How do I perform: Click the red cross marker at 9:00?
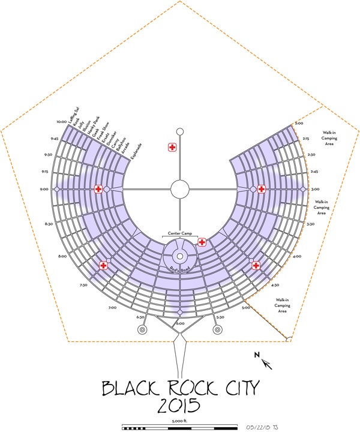[x=98, y=189]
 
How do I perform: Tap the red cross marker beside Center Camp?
[x=202, y=242]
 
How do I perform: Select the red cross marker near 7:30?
[x=103, y=265]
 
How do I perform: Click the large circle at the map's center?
[x=180, y=189]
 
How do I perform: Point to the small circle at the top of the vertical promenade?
[x=180, y=131]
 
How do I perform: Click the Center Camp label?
[x=180, y=232]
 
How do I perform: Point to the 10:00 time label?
[x=61, y=122]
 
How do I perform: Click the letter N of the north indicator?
[x=257, y=356]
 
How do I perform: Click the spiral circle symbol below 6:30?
[x=143, y=329]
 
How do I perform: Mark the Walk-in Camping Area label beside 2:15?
[x=328, y=138]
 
